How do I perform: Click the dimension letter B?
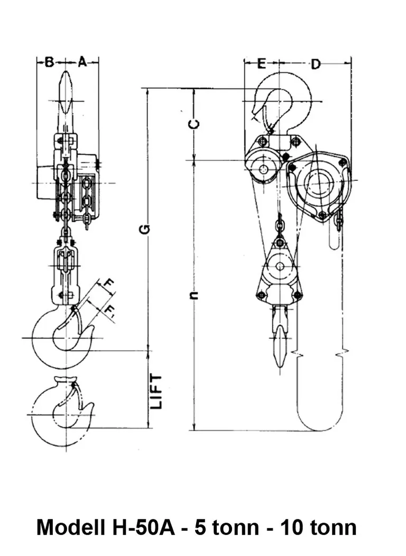click(x=49, y=62)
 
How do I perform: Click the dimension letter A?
click(x=82, y=62)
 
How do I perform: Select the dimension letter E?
click(x=261, y=64)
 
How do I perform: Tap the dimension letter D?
click(x=316, y=64)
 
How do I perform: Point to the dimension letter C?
click(x=194, y=124)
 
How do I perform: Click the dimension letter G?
click(x=145, y=229)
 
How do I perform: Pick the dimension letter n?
click(x=194, y=295)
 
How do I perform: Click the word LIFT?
click(x=156, y=391)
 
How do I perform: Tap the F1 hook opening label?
click(x=109, y=311)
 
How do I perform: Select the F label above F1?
click(x=109, y=285)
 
